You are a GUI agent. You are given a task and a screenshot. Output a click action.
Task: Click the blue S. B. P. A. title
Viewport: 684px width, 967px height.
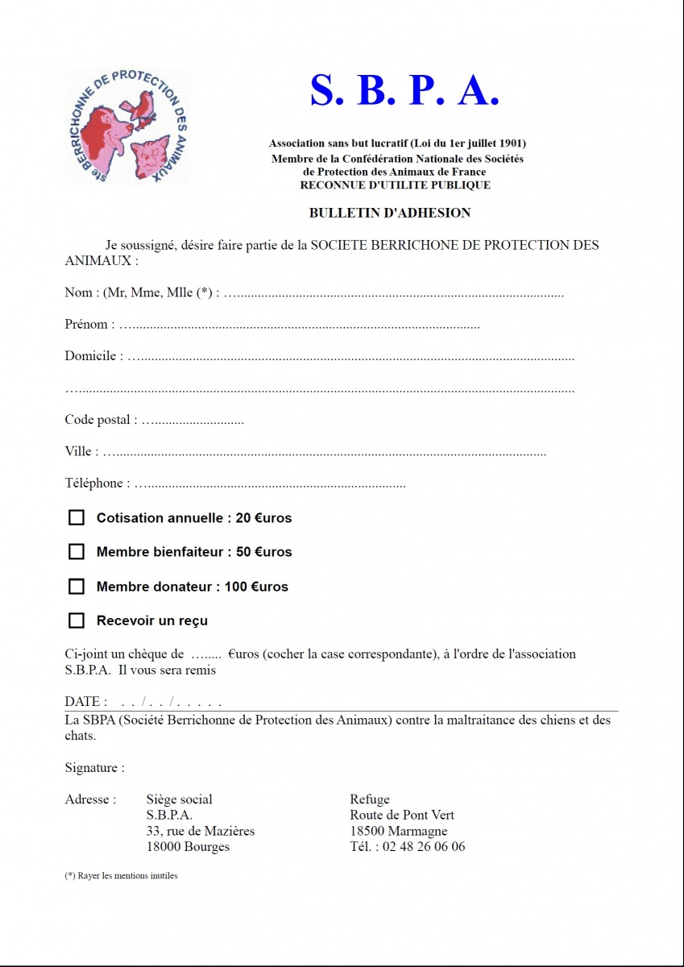[x=404, y=91]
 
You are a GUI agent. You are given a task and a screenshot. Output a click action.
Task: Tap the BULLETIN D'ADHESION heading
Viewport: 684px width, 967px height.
[x=390, y=214]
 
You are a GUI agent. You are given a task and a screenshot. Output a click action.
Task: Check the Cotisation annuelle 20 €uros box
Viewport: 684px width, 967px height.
[x=77, y=517]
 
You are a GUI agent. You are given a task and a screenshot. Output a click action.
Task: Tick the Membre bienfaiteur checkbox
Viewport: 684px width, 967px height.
[x=77, y=552]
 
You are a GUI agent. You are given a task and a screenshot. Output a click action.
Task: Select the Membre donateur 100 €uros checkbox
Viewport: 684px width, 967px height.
[x=77, y=587]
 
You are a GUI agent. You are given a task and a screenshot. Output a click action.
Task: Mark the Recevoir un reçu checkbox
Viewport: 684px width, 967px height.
[x=77, y=620]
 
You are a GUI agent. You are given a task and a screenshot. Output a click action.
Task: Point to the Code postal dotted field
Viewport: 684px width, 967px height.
[x=193, y=421]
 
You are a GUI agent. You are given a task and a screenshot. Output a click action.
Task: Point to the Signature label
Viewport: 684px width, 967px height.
[x=94, y=768]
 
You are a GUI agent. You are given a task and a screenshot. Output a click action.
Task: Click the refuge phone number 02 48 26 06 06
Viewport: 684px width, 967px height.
[x=423, y=847]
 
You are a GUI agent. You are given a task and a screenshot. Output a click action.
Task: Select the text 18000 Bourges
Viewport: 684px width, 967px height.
[x=188, y=847]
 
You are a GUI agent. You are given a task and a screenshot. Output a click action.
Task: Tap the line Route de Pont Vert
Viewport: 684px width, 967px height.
[x=402, y=816]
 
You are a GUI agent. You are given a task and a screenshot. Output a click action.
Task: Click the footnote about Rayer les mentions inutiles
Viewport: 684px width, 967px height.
[x=121, y=876]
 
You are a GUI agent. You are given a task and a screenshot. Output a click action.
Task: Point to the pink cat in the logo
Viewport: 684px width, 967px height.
[x=150, y=153]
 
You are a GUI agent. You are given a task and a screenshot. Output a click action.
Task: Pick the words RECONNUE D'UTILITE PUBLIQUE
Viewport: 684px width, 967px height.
[x=395, y=185]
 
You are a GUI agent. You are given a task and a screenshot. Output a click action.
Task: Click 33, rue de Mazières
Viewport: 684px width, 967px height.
[x=201, y=831]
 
